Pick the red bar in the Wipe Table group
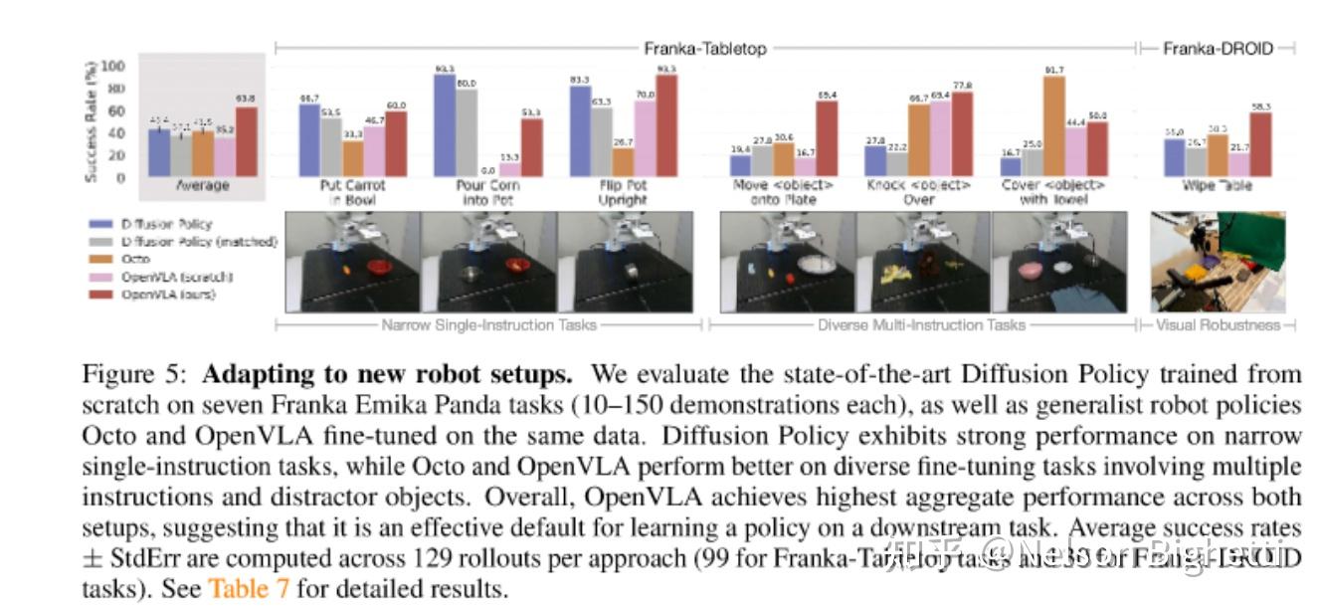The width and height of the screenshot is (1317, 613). click(1262, 144)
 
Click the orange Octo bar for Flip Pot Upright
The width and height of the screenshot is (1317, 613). click(623, 162)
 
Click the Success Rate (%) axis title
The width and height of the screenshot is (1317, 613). click(91, 118)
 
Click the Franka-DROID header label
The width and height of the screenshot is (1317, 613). click(1218, 48)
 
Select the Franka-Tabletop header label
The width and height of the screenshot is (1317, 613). click(705, 48)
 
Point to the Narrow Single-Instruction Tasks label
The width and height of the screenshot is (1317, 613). click(488, 325)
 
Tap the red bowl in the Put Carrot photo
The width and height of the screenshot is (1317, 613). click(380, 267)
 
